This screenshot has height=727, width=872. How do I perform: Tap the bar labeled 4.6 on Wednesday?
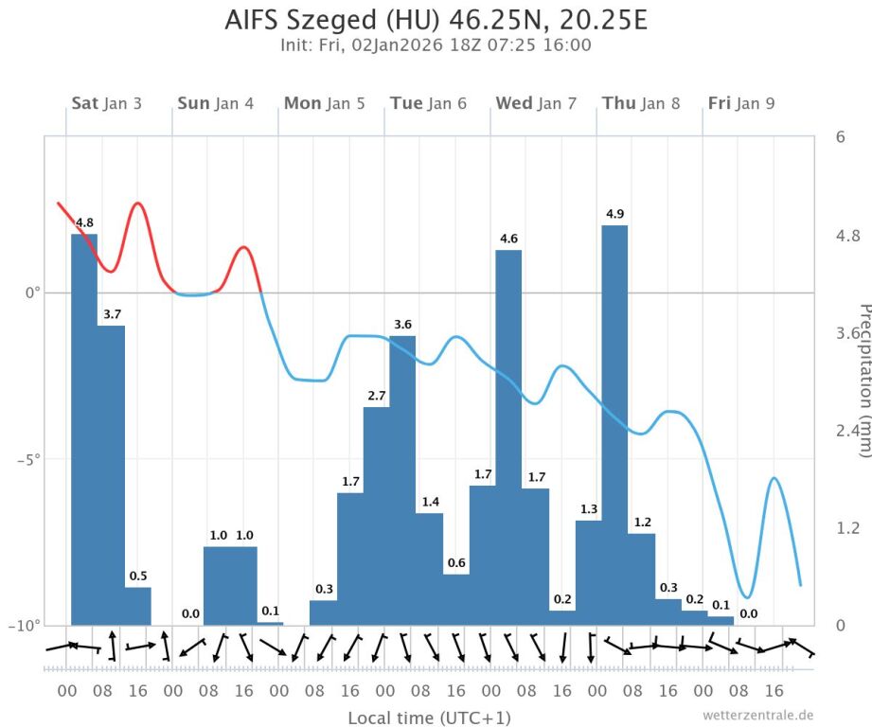pyautogui.click(x=508, y=436)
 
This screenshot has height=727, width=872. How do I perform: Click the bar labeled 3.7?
pyautogui.click(x=111, y=474)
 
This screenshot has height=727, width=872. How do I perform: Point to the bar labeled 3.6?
pyautogui.click(x=402, y=479)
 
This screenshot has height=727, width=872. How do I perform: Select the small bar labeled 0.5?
pyautogui.click(x=137, y=606)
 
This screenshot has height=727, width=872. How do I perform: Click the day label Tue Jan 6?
pyautogui.click(x=428, y=103)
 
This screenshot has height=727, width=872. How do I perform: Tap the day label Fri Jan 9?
pyautogui.click(x=740, y=103)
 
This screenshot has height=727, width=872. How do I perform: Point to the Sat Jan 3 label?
pyautogui.click(x=106, y=103)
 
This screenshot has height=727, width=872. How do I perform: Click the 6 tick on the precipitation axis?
pyautogui.click(x=840, y=137)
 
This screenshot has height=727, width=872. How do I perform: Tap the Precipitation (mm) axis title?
pyautogui.click(x=863, y=379)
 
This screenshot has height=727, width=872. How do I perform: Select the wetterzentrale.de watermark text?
pyautogui.click(x=757, y=716)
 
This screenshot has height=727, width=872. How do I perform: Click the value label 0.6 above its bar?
pyautogui.click(x=456, y=563)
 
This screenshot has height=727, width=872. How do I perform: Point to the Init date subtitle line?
pyautogui.click(x=436, y=45)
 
